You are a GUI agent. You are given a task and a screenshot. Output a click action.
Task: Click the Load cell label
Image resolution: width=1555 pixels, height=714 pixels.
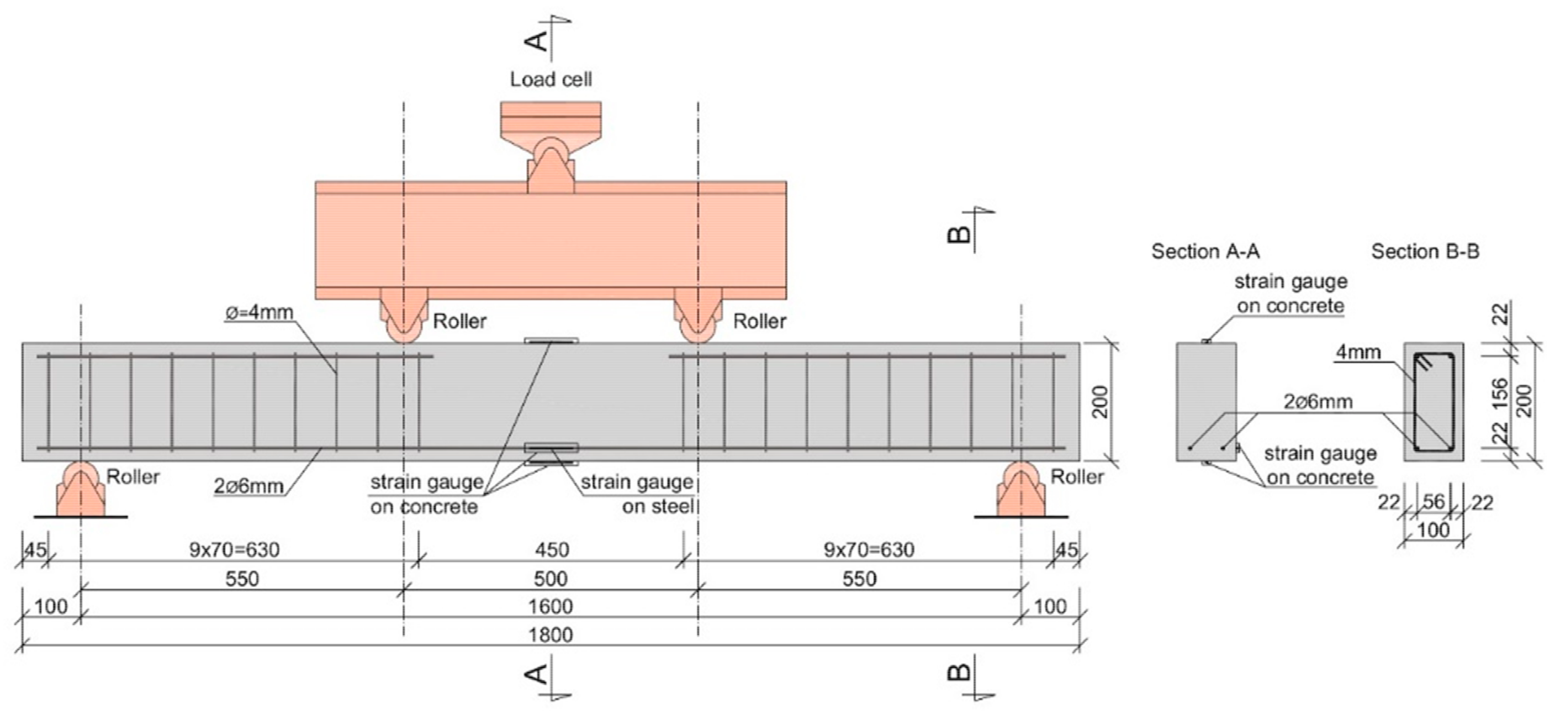pos(551,79)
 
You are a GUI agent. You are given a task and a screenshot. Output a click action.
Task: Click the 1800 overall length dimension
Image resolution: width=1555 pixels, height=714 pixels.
pos(551,635)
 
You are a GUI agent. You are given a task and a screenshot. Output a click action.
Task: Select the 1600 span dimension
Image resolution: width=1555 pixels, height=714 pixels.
pos(551,606)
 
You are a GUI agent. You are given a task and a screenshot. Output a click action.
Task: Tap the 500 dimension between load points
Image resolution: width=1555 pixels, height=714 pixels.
pos(551,579)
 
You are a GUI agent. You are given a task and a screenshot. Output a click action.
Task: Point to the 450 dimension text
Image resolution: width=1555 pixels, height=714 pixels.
pos(552,550)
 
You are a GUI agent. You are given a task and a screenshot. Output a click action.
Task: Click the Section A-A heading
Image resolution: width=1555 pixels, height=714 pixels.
pos(1205,251)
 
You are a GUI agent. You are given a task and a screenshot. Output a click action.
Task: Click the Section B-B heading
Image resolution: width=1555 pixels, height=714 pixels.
pos(1425,251)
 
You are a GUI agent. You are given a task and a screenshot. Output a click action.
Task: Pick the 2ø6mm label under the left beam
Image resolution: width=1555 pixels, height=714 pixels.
pos(248,486)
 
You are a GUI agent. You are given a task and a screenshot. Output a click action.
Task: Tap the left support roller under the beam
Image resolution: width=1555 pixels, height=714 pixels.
pos(80,489)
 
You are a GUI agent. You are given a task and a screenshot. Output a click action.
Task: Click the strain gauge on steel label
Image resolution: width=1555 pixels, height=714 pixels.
pos(637,494)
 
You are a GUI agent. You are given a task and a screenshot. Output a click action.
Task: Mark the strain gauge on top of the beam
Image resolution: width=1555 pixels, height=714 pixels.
pos(551,340)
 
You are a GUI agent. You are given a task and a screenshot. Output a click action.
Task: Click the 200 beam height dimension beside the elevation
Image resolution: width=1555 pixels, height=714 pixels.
pos(1101,402)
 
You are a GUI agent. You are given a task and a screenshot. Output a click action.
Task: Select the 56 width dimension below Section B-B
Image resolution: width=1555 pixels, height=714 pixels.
pos(1434,501)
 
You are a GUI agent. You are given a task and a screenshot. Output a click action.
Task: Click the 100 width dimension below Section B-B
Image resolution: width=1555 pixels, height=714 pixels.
pos(1433,530)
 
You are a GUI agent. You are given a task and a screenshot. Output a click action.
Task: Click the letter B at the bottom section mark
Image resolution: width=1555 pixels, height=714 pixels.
pos(960,671)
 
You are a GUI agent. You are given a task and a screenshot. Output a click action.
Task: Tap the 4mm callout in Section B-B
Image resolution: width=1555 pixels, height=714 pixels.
pos(1358,351)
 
